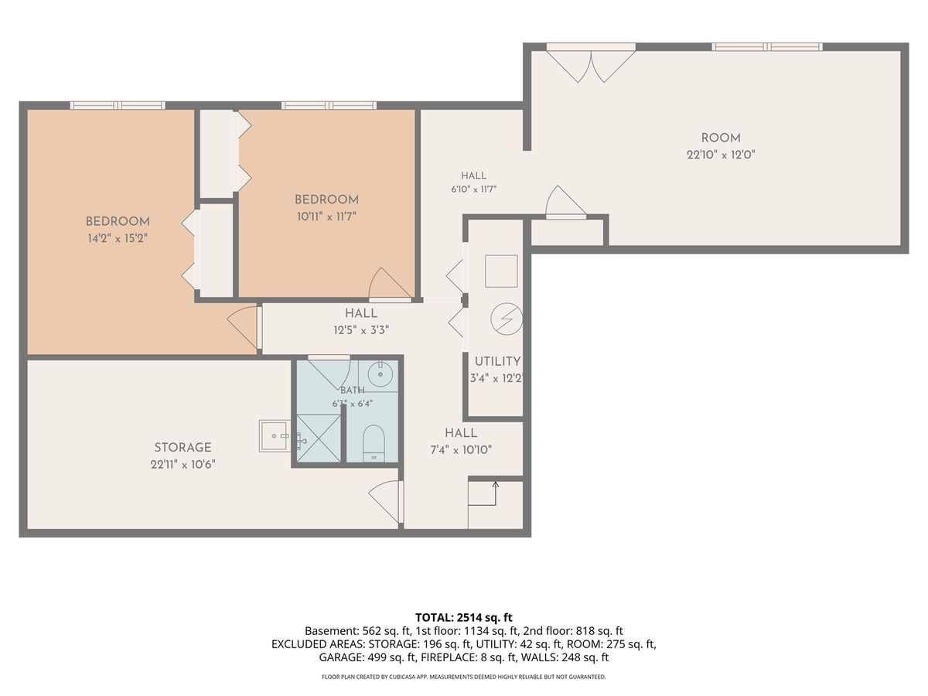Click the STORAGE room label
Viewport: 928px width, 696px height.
tap(183, 447)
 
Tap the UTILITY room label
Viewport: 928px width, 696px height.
tap(497, 361)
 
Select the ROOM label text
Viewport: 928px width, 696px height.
tap(721, 138)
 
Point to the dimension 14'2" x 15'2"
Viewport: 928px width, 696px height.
tap(118, 238)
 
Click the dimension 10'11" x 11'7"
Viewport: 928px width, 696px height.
tap(326, 217)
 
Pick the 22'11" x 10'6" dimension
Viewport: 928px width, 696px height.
tap(183, 465)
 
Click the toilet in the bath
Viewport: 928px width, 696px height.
tap(374, 443)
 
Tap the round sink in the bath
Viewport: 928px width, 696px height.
tap(380, 374)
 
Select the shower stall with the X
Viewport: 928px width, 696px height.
tap(319, 438)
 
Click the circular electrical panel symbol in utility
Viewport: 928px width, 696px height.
tap(507, 319)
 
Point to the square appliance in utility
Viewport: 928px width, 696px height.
tap(501, 271)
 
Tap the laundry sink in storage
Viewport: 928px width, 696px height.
tap(275, 435)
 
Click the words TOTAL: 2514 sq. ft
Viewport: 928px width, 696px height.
tap(464, 617)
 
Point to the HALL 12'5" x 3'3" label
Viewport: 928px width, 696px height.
tap(361, 322)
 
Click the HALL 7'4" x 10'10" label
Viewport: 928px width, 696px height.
tap(461, 441)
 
